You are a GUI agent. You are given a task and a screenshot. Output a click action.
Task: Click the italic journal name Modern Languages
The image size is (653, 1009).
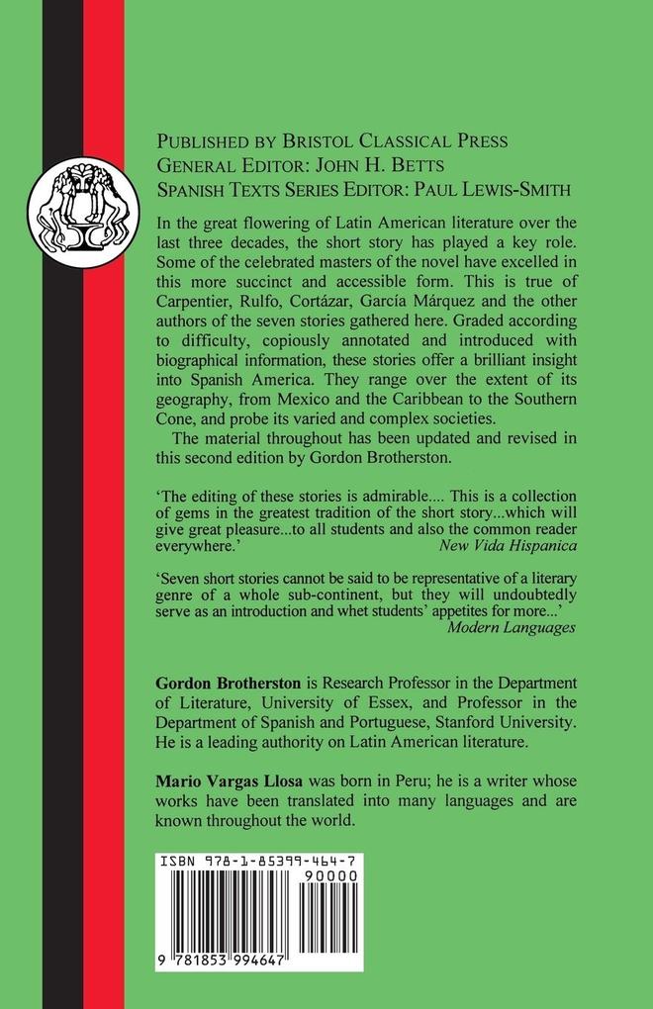[512, 626]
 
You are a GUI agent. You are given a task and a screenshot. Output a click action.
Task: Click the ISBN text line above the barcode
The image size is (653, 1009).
[258, 862]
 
